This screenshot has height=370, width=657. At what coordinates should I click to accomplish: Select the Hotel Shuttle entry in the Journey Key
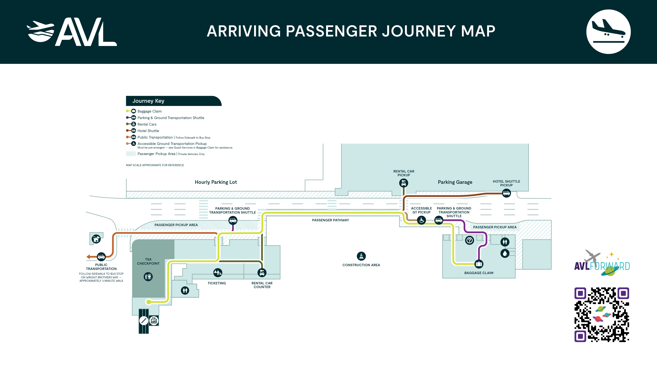point(148,131)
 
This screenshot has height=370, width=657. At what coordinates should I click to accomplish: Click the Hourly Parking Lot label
point(216,182)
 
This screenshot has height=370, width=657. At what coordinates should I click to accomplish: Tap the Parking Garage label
point(455,182)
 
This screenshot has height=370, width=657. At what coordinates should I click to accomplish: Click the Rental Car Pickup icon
point(403,183)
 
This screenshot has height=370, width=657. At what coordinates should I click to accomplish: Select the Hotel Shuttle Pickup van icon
point(506,193)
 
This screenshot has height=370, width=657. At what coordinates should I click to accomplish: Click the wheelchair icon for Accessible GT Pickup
point(422,220)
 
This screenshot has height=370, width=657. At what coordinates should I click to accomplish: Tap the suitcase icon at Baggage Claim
point(479,264)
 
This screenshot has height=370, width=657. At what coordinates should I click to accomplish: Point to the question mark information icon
point(469,240)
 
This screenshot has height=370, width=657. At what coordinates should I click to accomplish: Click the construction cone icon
point(361,256)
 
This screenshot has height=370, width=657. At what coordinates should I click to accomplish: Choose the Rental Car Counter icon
point(262,273)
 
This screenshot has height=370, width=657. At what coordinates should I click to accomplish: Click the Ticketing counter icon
point(218,273)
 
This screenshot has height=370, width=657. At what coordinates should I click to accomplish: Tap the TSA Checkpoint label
point(148,261)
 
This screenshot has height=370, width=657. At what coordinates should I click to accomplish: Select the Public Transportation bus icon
point(101,257)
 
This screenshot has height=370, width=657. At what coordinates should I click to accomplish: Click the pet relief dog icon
point(96,239)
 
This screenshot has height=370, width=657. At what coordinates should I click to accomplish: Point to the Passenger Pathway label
point(330,220)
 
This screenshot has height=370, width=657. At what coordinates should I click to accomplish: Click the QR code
point(602,315)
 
